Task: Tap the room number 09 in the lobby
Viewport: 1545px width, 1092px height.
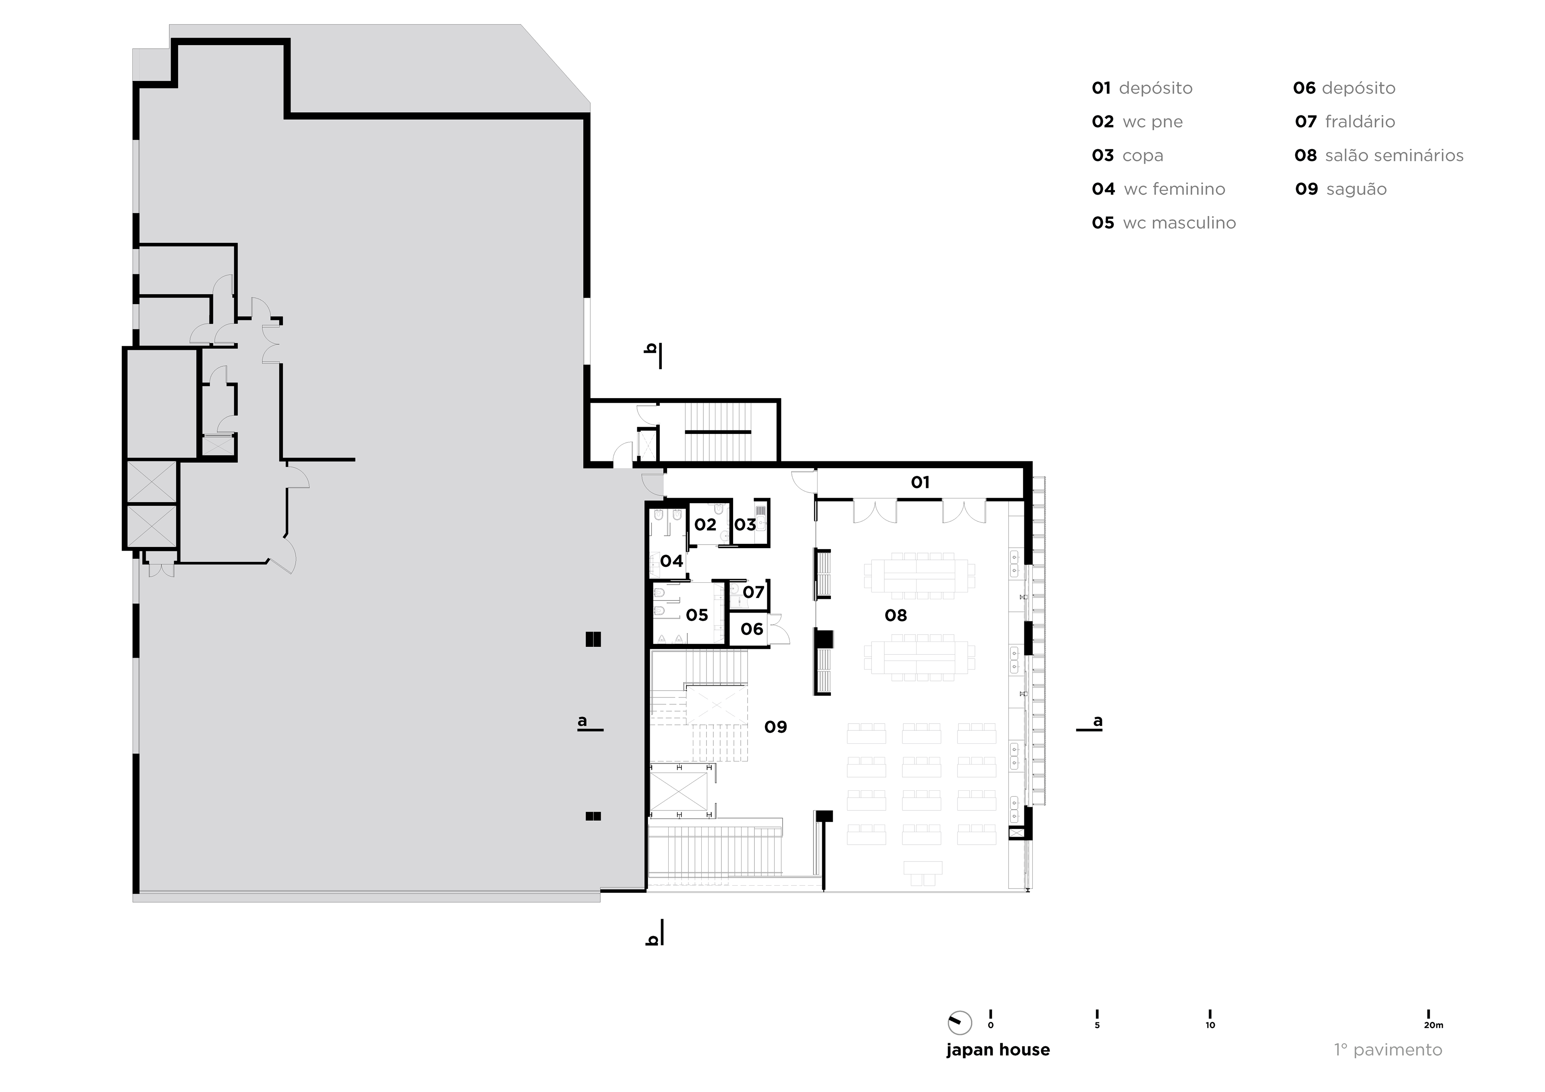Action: coord(775,727)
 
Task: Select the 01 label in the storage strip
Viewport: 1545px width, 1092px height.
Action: coord(920,482)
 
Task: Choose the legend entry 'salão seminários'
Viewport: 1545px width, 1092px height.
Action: coord(1394,155)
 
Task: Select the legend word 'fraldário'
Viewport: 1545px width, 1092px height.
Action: coord(1359,122)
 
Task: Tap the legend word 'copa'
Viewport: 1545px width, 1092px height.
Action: coord(1143,155)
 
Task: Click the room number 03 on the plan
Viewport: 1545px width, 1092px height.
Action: coord(745,525)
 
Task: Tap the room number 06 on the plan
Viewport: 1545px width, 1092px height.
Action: coord(752,629)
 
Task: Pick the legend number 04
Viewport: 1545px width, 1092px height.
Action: coord(1103,189)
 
